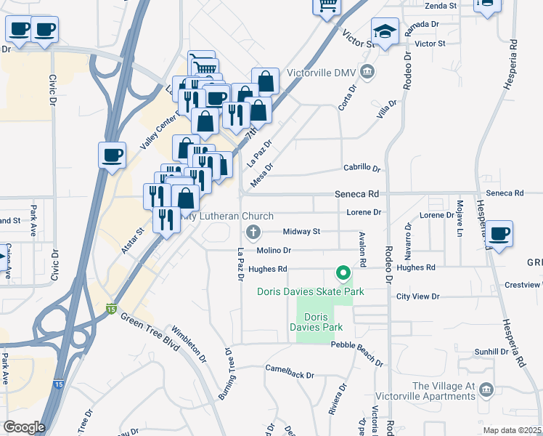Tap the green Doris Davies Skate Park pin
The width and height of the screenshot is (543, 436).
pos(343,274)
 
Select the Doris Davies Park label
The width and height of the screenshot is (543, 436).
pos(317,323)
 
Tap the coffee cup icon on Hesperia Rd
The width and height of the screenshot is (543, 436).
pos(499,234)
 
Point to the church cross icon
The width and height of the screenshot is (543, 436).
pos(253,233)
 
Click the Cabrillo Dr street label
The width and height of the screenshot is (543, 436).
pos(362,169)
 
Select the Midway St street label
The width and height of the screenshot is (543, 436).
pos(301,232)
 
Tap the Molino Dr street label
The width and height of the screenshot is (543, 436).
pos(274,250)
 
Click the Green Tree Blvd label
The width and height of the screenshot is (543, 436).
pos(150,331)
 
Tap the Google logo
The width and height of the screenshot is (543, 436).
pos(23,427)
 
